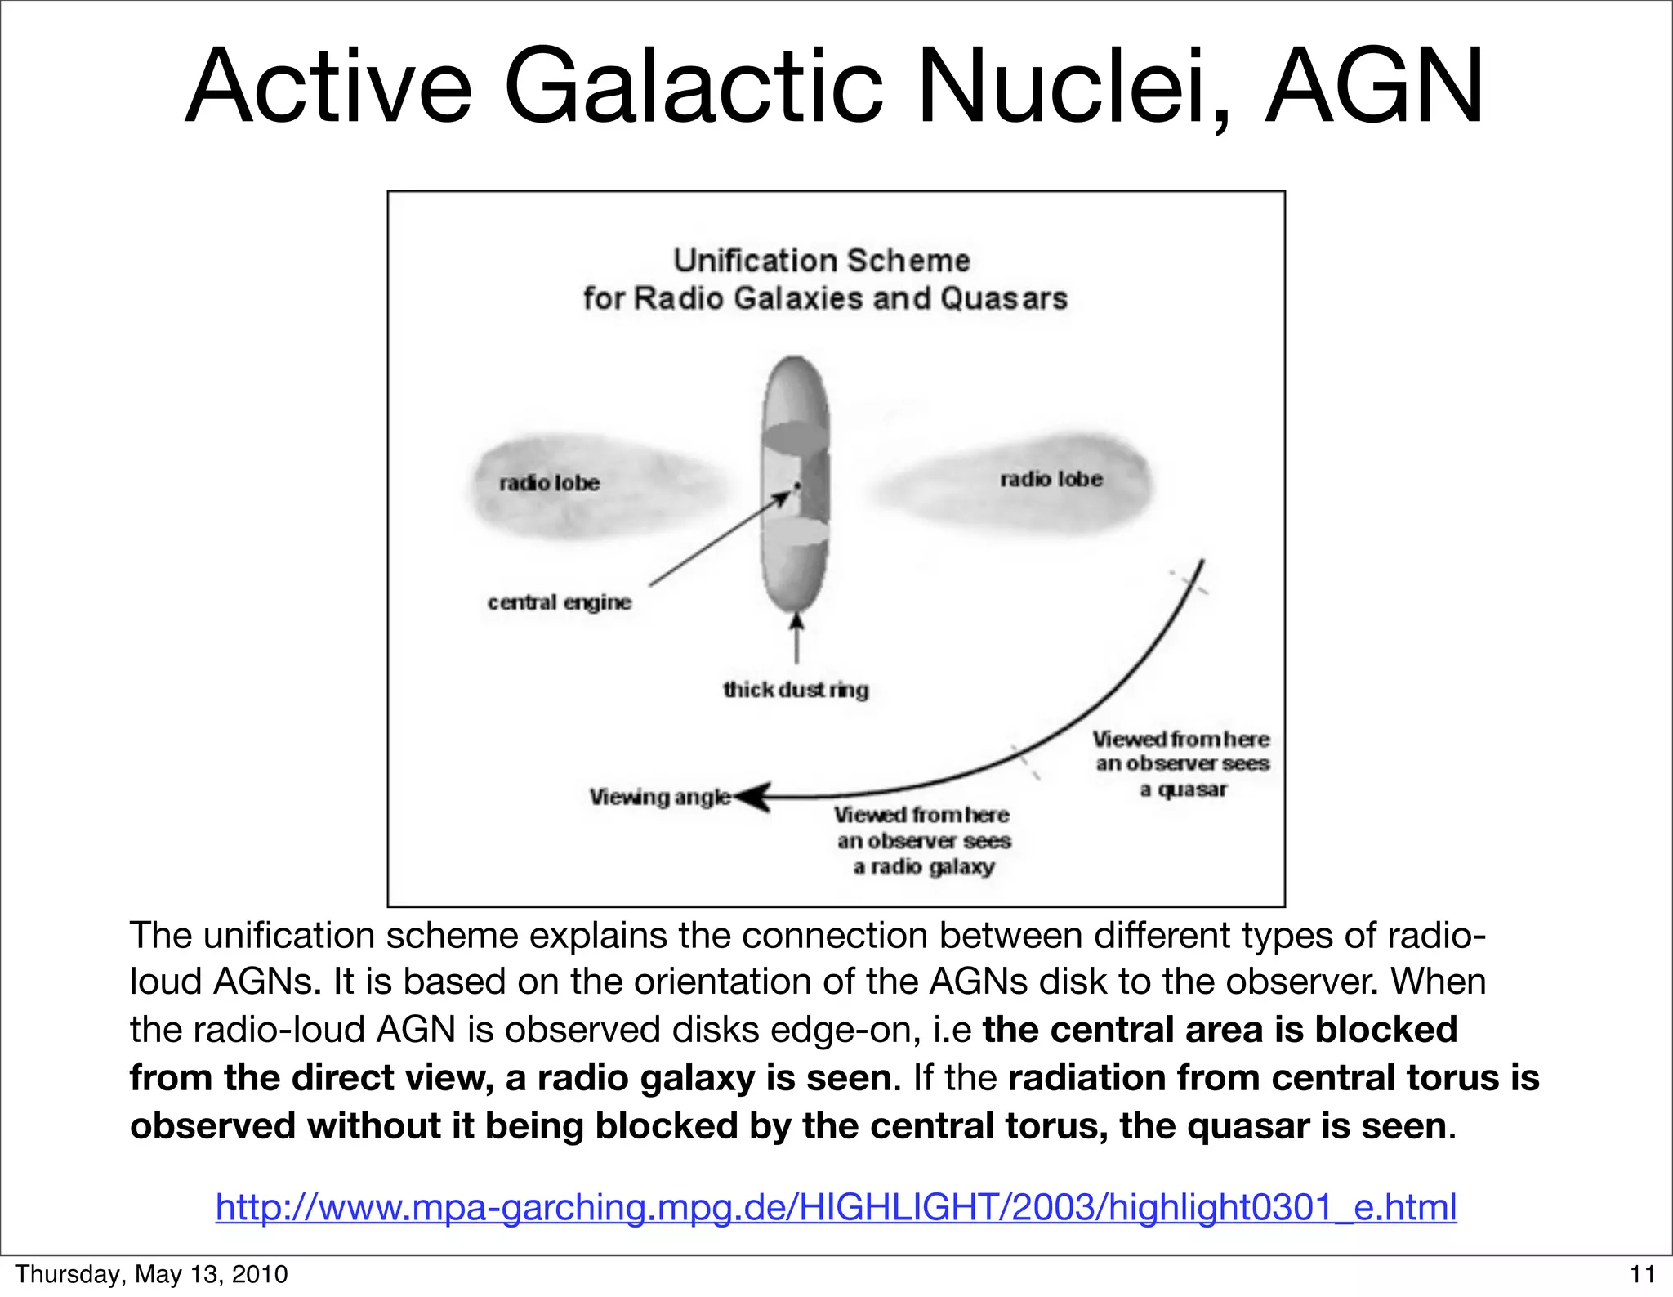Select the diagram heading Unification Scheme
click(822, 261)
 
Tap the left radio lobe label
click(549, 483)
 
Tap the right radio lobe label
click(1051, 479)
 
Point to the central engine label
click(560, 602)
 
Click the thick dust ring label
click(796, 690)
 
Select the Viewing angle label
click(660, 797)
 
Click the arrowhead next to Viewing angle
click(753, 797)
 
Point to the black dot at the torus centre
click(797, 486)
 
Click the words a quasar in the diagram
click(1184, 789)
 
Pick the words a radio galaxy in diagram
click(924, 866)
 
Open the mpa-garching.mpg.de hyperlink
click(836, 1207)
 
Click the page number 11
click(1642, 1274)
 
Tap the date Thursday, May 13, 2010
click(152, 1274)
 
